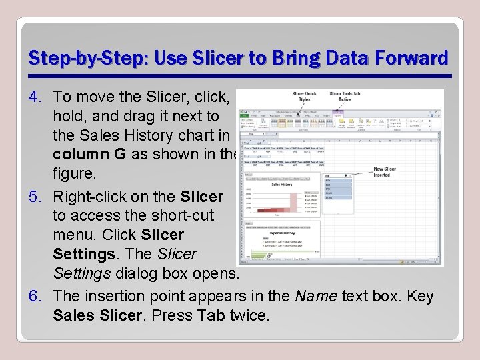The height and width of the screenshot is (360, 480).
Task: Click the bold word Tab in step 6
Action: click(211, 315)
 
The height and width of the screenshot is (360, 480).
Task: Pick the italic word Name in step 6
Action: click(316, 295)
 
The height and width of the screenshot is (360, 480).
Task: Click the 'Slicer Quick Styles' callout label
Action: click(305, 97)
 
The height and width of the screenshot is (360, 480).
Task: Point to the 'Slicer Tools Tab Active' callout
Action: click(345, 97)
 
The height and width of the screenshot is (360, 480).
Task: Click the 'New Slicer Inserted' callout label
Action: click(385, 172)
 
